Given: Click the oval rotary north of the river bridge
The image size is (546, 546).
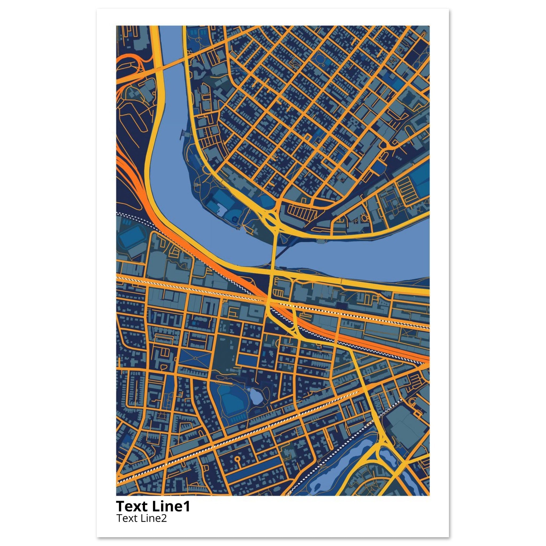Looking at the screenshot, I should (271, 219).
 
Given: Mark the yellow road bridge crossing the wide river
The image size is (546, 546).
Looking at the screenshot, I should (274, 249).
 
